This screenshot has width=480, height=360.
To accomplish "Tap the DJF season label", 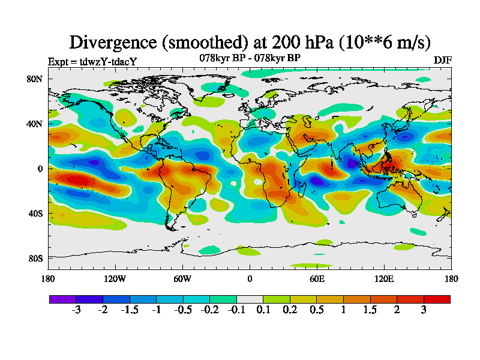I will (x=442, y=61).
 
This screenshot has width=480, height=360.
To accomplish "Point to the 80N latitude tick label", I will (x=34, y=79).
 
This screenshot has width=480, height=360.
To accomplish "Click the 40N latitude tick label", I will (x=34, y=124).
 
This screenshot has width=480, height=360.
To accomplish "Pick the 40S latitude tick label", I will (x=34, y=213).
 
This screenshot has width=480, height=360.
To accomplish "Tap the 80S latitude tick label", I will (x=34, y=258).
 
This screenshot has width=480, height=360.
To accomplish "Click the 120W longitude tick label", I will (x=115, y=278).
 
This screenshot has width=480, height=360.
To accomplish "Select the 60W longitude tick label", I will (x=182, y=278).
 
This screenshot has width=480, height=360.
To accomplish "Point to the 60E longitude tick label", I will (x=317, y=278).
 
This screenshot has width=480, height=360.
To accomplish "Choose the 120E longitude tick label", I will (x=384, y=278).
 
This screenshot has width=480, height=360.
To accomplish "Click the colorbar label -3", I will (x=76, y=310).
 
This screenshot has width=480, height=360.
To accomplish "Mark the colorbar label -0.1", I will (x=236, y=310).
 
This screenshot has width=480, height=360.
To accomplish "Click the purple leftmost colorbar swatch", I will (x=62, y=299).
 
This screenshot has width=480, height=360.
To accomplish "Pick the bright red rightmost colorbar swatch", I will (x=437, y=299).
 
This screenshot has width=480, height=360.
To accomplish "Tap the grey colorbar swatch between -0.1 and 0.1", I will (x=250, y=299).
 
